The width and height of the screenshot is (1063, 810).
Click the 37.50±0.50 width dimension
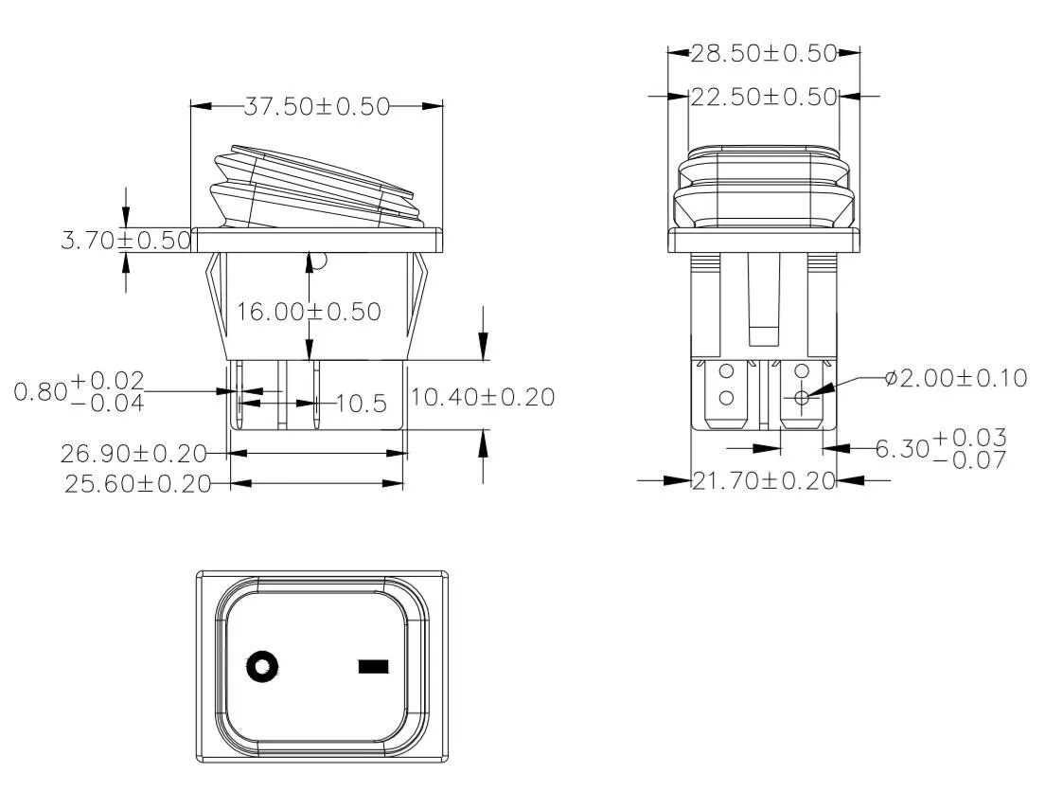tap(317, 106)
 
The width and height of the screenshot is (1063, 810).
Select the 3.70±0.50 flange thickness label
tap(126, 241)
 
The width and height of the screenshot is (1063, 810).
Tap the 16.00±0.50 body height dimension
tap(309, 312)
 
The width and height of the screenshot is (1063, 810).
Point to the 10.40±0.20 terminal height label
tap(483, 397)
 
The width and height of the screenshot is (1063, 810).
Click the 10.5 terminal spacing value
tap(362, 405)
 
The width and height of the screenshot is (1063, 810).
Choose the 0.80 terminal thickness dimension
tap(80, 391)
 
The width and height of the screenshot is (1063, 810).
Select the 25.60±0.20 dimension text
tap(137, 484)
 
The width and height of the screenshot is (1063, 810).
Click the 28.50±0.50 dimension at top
tap(764, 53)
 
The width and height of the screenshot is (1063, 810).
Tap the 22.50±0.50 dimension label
tap(764, 97)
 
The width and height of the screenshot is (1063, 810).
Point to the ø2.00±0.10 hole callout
tap(955, 378)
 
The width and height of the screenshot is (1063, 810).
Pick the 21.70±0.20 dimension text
tap(764, 481)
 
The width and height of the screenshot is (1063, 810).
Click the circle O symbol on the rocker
tap(262, 667)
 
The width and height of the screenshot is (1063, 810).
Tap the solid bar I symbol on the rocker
tap(374, 667)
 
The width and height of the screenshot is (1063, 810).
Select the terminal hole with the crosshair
tap(802, 398)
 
